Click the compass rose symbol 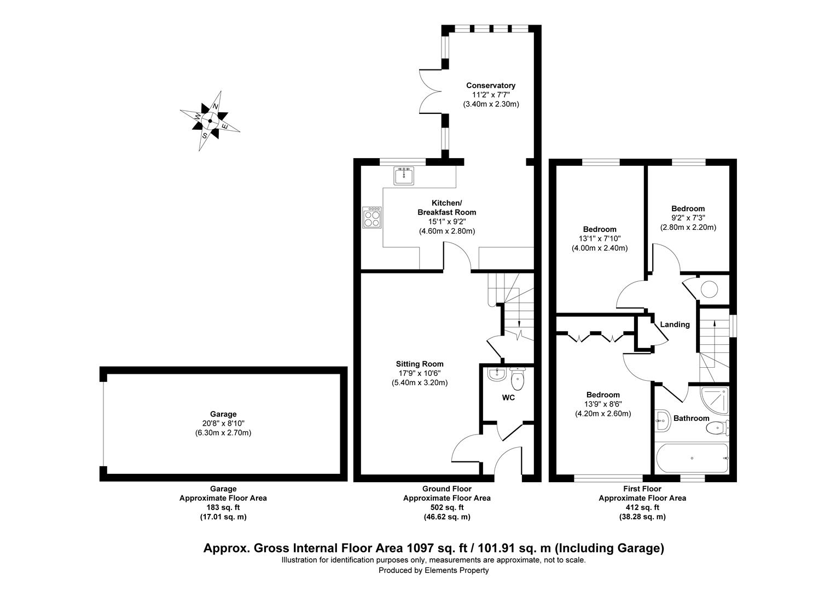tap(210, 121)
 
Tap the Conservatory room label tap(490, 85)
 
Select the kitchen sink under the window tap(404, 176)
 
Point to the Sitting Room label tap(420, 364)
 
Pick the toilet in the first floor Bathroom tap(718, 428)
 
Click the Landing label tap(675, 325)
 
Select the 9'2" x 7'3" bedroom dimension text tap(688, 218)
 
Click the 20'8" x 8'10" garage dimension tap(223, 424)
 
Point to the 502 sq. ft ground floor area tap(446, 507)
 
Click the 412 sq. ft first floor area tap(642, 507)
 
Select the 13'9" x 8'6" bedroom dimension tap(603, 404)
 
